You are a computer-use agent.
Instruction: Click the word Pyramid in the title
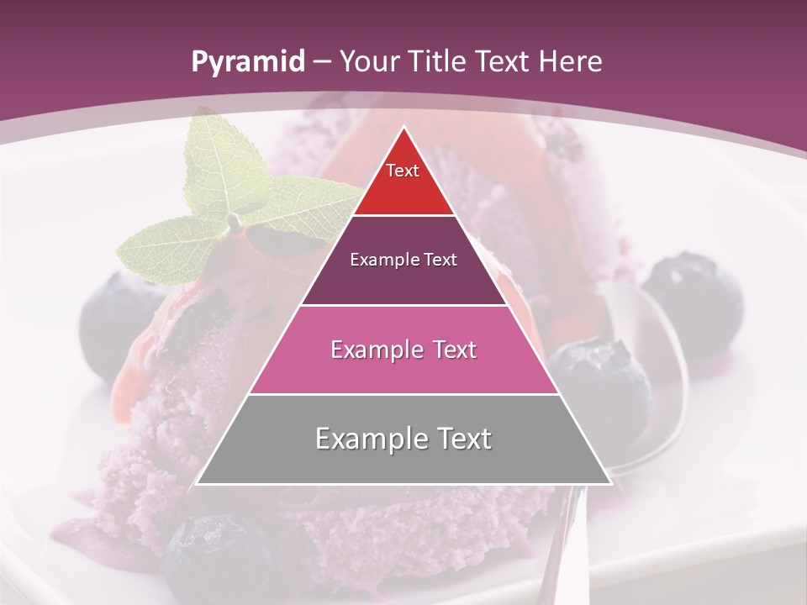coord(248,62)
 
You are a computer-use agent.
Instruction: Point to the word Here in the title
coord(572,62)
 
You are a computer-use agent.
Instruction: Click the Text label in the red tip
coord(403,171)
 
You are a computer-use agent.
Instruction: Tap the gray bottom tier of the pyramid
coord(403,458)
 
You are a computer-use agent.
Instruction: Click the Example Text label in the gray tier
coord(403,439)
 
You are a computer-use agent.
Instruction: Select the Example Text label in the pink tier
coord(403,350)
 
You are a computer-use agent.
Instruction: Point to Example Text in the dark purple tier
coord(403,260)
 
